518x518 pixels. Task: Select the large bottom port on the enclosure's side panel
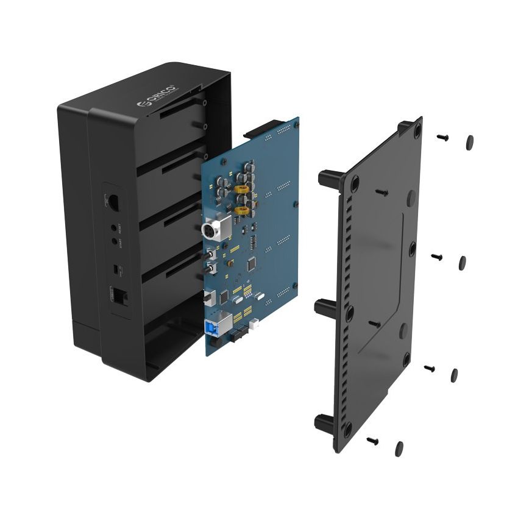(x=119, y=296)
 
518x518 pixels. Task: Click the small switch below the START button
(x=115, y=267)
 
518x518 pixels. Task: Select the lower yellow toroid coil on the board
(x=243, y=211)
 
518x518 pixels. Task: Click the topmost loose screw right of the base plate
(x=443, y=138)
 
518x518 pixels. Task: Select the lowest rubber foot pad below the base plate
(x=399, y=448)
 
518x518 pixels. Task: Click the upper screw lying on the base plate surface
(x=381, y=192)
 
